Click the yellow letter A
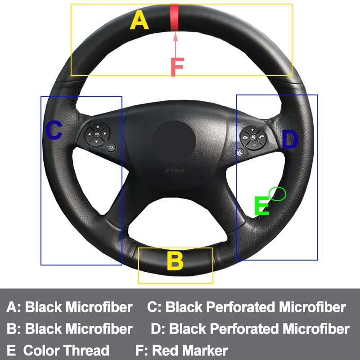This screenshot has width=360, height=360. tap(139, 20)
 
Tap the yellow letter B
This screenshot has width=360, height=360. tap(175, 261)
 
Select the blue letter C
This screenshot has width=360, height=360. tap(54, 130)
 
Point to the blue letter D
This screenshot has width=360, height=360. tap(290, 140)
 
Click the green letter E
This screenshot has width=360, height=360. tap(261, 207)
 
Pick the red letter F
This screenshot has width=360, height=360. tap(177, 67)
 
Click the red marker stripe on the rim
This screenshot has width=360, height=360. tap(174, 18)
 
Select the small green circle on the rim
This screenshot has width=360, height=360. tap(277, 193)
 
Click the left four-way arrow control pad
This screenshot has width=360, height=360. tap(97, 134)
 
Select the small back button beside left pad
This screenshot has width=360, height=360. tap(111, 147)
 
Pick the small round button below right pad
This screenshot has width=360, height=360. tap(240, 152)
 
